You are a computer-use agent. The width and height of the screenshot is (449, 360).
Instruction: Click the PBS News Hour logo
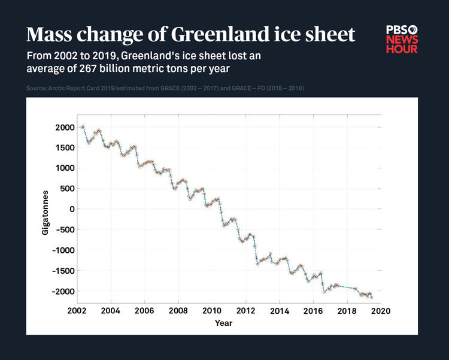pos(402,39)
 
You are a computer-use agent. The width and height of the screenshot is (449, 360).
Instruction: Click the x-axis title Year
pos(224,323)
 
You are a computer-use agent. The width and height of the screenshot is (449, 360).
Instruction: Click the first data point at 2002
pos(83,126)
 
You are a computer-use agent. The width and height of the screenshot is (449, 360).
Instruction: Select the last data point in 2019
pos(371,297)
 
